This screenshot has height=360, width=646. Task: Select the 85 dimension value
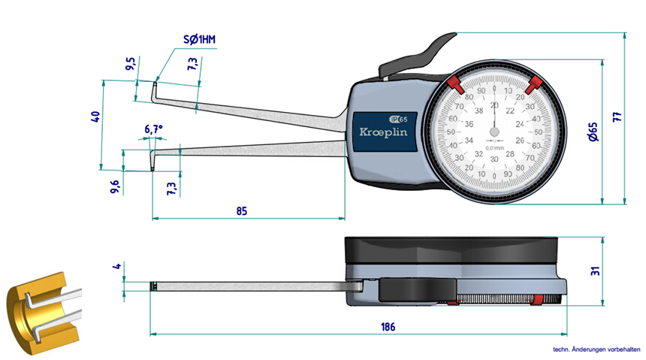pyautogui.click(x=241, y=211)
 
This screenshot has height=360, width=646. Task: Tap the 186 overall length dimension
pyautogui.click(x=388, y=327)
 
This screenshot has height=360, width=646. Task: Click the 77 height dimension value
pyautogui.click(x=617, y=116)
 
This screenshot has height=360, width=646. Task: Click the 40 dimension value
pyautogui.click(x=95, y=117)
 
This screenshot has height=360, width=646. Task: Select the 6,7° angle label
pyautogui.click(x=153, y=129)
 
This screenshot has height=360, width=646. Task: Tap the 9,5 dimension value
pyautogui.click(x=131, y=64)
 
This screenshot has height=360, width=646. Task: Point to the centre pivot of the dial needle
pyautogui.click(x=494, y=133)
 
